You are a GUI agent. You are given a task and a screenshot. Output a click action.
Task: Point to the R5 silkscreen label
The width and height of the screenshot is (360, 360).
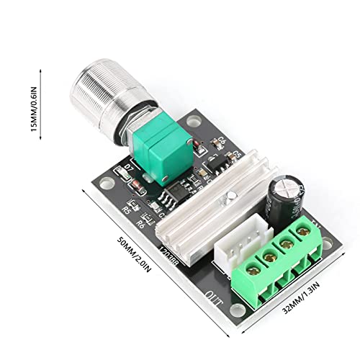pos(126,211)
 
